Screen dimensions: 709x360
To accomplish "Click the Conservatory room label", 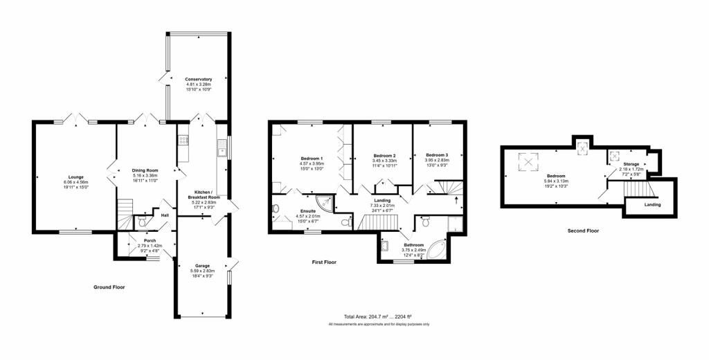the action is (199, 79).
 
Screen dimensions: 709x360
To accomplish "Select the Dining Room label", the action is (145, 170).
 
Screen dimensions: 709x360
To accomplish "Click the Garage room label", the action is (202, 265).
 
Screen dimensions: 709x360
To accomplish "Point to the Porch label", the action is (150, 240).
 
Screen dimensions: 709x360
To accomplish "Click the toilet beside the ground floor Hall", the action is (141, 221).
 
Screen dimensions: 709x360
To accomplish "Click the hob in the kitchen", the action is (183, 141).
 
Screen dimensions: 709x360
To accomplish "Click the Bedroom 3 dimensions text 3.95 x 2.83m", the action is (437, 160).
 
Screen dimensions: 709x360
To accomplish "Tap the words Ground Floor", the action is (109, 287).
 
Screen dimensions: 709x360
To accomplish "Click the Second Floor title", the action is (583, 231).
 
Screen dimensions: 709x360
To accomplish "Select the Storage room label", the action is (631, 164).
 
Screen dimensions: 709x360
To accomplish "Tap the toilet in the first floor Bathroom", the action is (425, 222).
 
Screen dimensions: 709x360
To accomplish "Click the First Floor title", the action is (324, 262).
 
